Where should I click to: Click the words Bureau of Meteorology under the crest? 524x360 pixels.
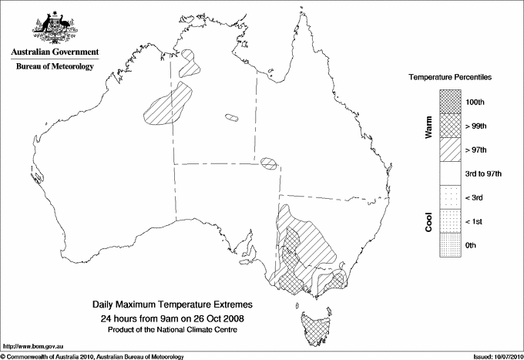(x=54, y=67)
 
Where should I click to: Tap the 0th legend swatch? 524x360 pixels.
(x=451, y=245)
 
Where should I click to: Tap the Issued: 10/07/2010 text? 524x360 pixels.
(x=494, y=355)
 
